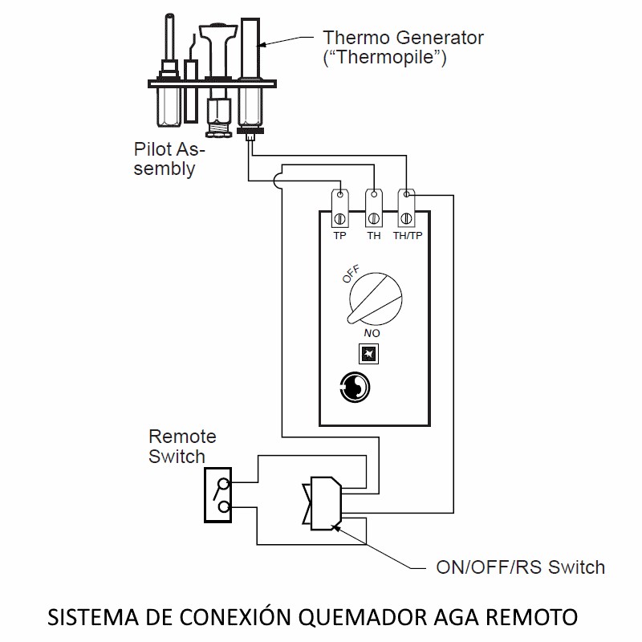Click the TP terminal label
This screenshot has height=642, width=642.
tap(339, 235)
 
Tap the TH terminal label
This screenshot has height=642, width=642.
tap(374, 235)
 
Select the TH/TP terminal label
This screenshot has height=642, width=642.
tap(408, 235)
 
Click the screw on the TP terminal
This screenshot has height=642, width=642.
tap(339, 218)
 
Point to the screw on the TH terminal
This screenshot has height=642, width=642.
tap(373, 218)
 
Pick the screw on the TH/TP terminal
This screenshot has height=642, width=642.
tap(406, 218)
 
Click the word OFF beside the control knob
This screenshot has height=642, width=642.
tap(351, 274)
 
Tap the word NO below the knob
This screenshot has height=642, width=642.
tap(372, 333)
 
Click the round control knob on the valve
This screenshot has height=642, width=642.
tap(375, 299)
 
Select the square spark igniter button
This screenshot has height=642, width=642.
tap(368, 354)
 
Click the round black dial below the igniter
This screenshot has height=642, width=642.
tap(355, 387)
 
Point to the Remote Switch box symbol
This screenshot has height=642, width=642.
tap(217, 495)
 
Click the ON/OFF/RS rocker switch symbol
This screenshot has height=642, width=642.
tap(323, 503)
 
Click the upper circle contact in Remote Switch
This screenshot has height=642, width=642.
tap(224, 485)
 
